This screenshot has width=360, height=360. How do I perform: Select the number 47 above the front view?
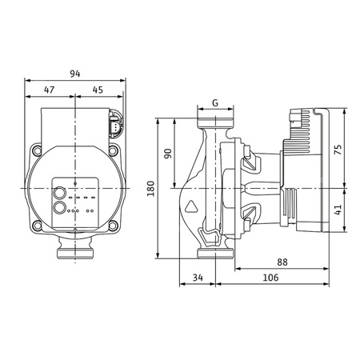49,90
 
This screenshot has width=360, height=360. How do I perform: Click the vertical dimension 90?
168,154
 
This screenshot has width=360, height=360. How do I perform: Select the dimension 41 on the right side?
338,210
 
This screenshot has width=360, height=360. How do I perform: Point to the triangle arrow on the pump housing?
193,207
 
